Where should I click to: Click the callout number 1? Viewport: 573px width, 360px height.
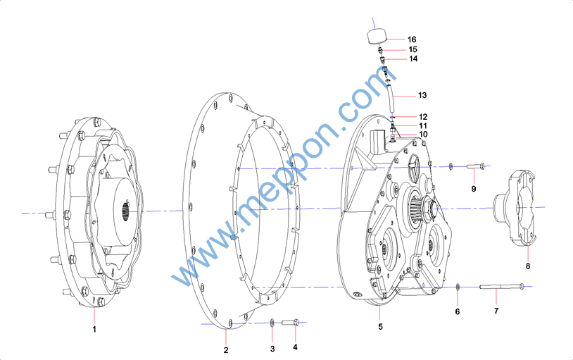[x=94, y=329]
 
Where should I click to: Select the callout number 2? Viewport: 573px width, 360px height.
[x=226, y=350]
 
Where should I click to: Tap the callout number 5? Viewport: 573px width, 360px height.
[x=380, y=326]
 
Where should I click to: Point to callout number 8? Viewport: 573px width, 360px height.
[x=528, y=266]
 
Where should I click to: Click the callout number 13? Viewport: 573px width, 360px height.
[x=422, y=95]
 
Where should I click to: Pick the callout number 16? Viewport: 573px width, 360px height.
[x=412, y=39]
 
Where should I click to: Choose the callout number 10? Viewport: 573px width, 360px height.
[x=423, y=135]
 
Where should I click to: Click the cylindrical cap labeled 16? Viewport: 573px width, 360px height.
[x=377, y=36]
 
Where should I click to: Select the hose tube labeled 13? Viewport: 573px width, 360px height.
[x=391, y=98]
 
